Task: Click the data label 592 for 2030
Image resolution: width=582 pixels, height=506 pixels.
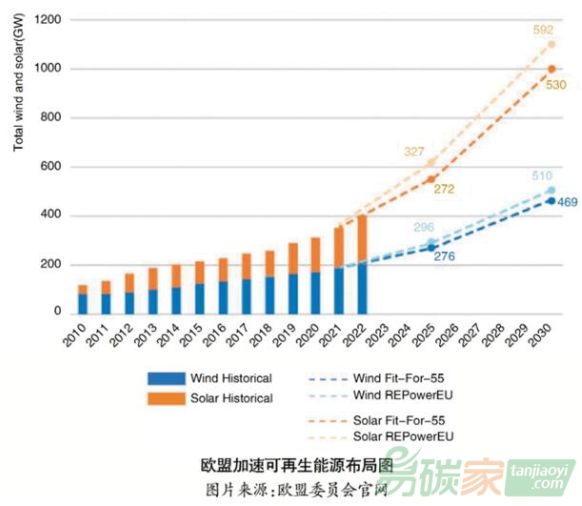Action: pos(544,30)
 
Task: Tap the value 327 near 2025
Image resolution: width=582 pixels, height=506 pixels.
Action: pos(414,152)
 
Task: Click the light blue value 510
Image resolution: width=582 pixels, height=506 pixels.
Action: pos(543,176)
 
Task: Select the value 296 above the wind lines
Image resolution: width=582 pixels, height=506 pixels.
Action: pos(424,228)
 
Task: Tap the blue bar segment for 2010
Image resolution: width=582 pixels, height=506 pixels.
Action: pos(83,303)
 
